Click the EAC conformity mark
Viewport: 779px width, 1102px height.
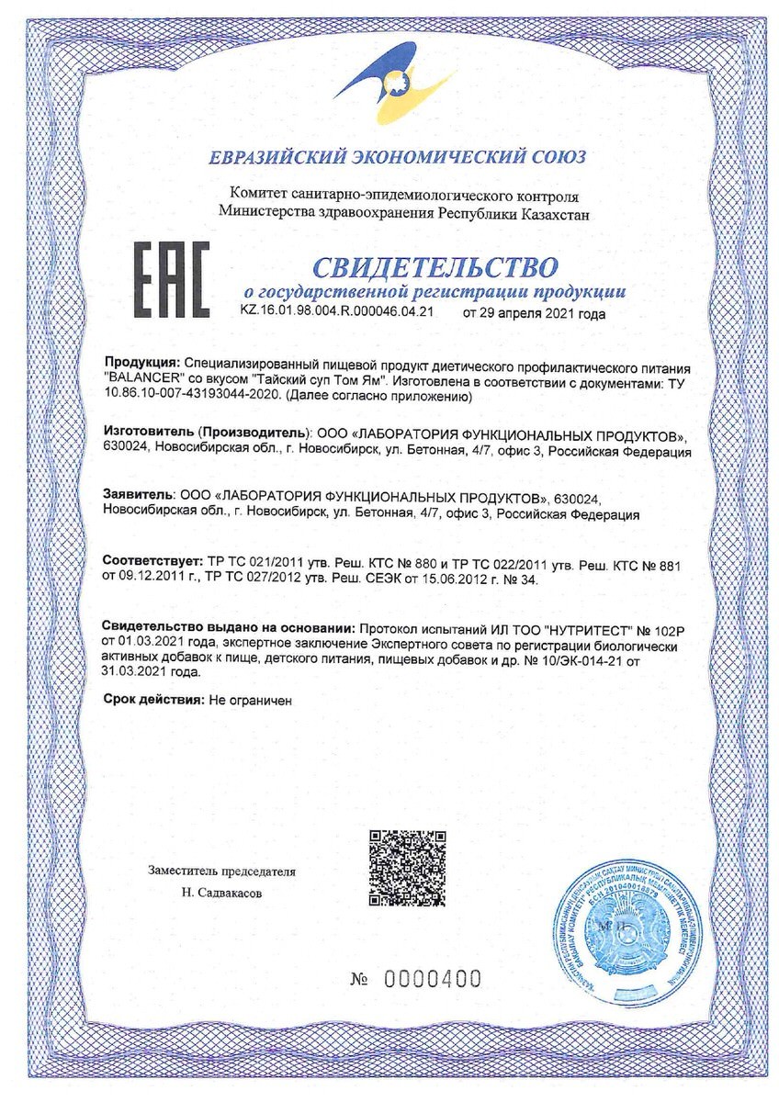(x=172, y=280)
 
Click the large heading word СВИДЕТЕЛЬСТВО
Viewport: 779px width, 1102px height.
(x=435, y=267)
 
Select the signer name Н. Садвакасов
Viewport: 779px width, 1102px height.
(x=220, y=891)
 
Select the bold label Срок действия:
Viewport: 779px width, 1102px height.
(x=152, y=700)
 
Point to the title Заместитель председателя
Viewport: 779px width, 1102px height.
(x=221, y=871)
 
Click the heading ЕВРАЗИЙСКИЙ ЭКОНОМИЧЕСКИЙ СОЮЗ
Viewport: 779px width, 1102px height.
(x=396, y=157)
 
